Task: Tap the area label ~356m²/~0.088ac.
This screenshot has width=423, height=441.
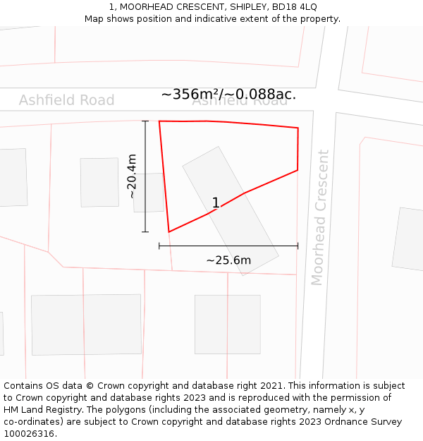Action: click(x=228, y=95)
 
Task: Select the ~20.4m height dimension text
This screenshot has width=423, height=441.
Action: click(x=131, y=176)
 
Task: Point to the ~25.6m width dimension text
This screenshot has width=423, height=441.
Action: click(x=228, y=260)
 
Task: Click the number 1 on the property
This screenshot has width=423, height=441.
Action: click(x=216, y=203)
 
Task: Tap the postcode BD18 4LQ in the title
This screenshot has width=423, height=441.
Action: click(x=292, y=6)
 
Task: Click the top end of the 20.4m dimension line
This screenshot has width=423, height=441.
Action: click(x=145, y=121)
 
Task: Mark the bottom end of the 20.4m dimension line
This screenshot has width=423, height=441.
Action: click(x=145, y=232)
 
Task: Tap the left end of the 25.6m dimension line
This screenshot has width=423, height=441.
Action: click(x=159, y=246)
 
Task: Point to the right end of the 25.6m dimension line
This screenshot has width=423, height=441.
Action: click(x=298, y=246)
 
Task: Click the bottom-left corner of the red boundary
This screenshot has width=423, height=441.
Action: click(x=168, y=231)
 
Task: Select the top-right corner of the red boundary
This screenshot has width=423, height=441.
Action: click(x=298, y=128)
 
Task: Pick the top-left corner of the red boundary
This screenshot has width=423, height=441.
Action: click(x=159, y=121)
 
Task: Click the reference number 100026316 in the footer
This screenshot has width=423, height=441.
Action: click(x=27, y=434)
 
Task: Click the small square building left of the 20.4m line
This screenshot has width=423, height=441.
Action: click(x=99, y=182)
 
